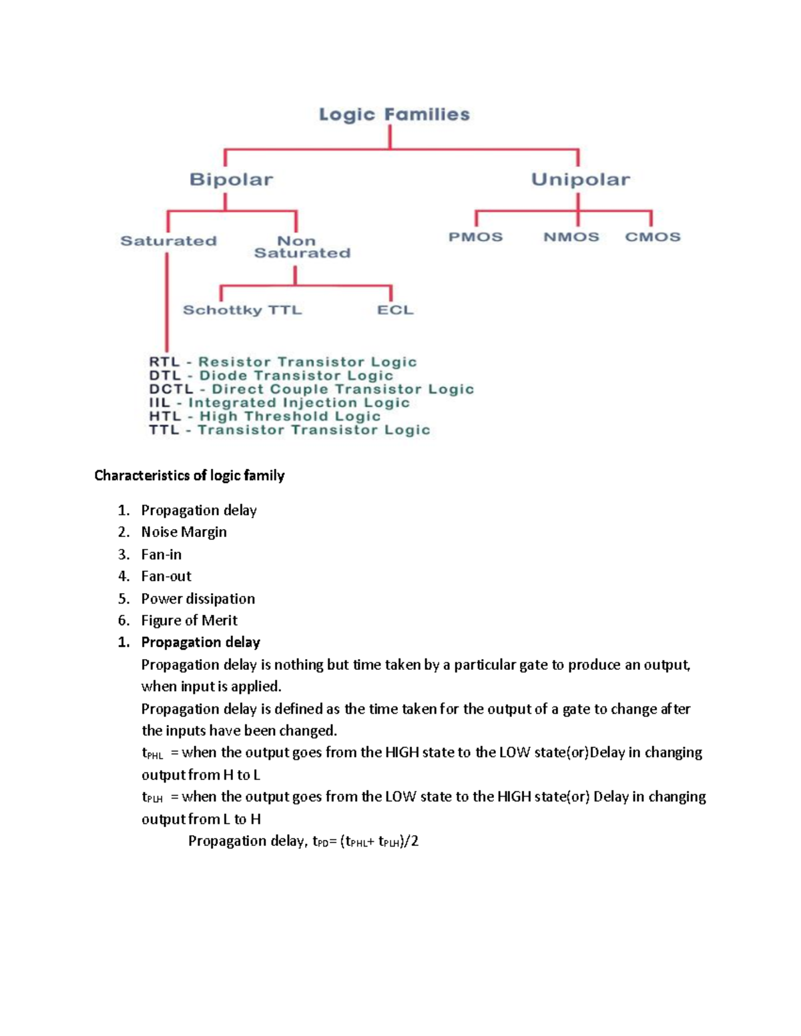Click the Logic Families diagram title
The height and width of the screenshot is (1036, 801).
click(394, 115)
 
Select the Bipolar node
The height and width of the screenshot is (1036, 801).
click(231, 179)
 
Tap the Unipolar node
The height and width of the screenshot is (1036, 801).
click(580, 179)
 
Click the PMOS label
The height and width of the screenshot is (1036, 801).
click(475, 237)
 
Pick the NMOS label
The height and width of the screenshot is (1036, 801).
click(571, 237)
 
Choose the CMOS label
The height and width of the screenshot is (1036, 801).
click(652, 237)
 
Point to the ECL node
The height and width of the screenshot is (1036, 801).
click(395, 310)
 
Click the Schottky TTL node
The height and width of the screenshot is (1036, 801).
click(242, 310)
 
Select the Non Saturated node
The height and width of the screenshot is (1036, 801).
click(302, 247)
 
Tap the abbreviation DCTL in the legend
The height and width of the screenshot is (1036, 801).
click(171, 389)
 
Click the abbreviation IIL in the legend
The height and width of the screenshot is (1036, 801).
click(160, 403)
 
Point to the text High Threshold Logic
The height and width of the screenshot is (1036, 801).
click(290, 416)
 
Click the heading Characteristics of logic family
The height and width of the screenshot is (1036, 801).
click(190, 476)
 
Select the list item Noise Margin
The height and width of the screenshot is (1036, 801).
click(184, 532)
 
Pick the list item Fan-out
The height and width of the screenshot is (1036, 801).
click(166, 576)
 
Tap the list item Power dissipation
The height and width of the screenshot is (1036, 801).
click(198, 598)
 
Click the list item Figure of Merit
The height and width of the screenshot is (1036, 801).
click(189, 620)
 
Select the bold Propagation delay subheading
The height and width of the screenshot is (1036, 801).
click(200, 642)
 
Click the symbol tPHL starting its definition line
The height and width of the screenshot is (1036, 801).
click(152, 754)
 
